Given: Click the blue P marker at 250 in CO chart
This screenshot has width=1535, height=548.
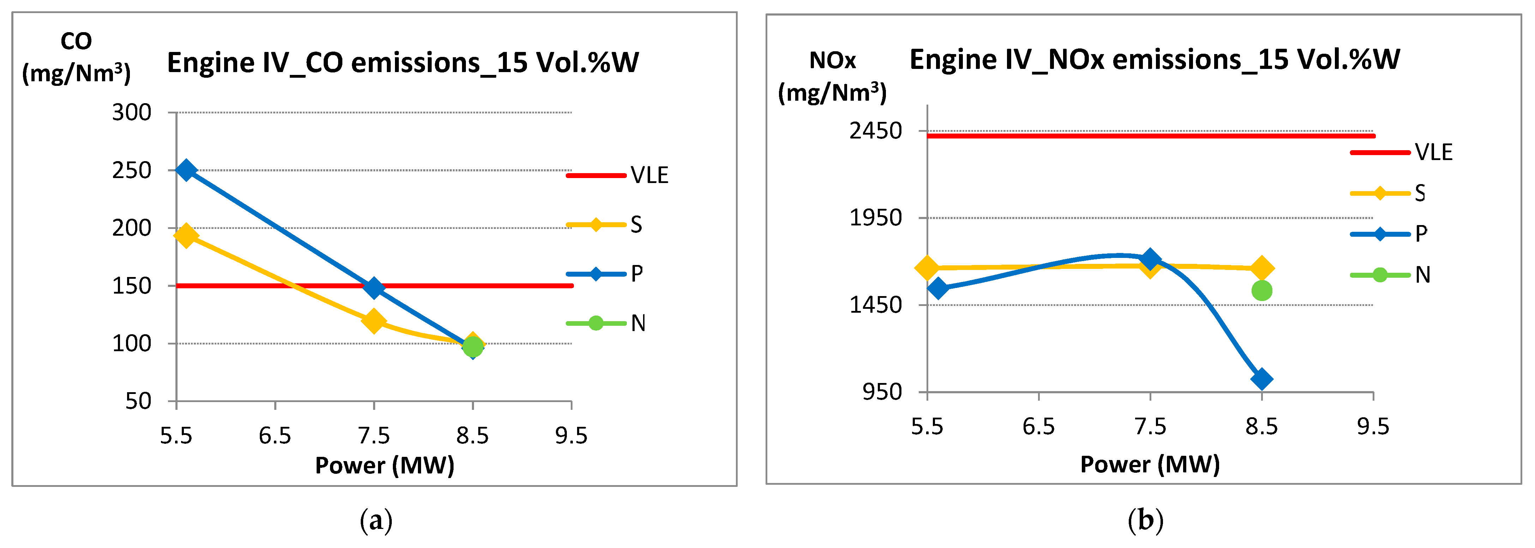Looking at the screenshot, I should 186,170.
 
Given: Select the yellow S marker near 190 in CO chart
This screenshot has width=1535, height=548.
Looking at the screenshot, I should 186,236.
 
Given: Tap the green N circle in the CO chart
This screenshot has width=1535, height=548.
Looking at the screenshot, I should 473,347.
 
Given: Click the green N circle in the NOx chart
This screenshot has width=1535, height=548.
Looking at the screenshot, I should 1261,290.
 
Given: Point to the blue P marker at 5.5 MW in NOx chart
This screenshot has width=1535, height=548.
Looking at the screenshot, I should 938,289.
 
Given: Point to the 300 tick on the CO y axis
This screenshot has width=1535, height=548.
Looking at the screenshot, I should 132,112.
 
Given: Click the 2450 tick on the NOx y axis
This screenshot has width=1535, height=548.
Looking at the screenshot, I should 875,131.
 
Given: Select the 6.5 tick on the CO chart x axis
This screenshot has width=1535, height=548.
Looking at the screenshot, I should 275,436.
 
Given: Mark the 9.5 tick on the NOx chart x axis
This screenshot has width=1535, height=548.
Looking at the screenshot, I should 1373,427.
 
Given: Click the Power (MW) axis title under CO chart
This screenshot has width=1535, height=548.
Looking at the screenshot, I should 384,465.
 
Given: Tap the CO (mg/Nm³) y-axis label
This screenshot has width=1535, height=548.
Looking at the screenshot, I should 76,58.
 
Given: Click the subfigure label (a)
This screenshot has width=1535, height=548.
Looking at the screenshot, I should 376,520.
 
